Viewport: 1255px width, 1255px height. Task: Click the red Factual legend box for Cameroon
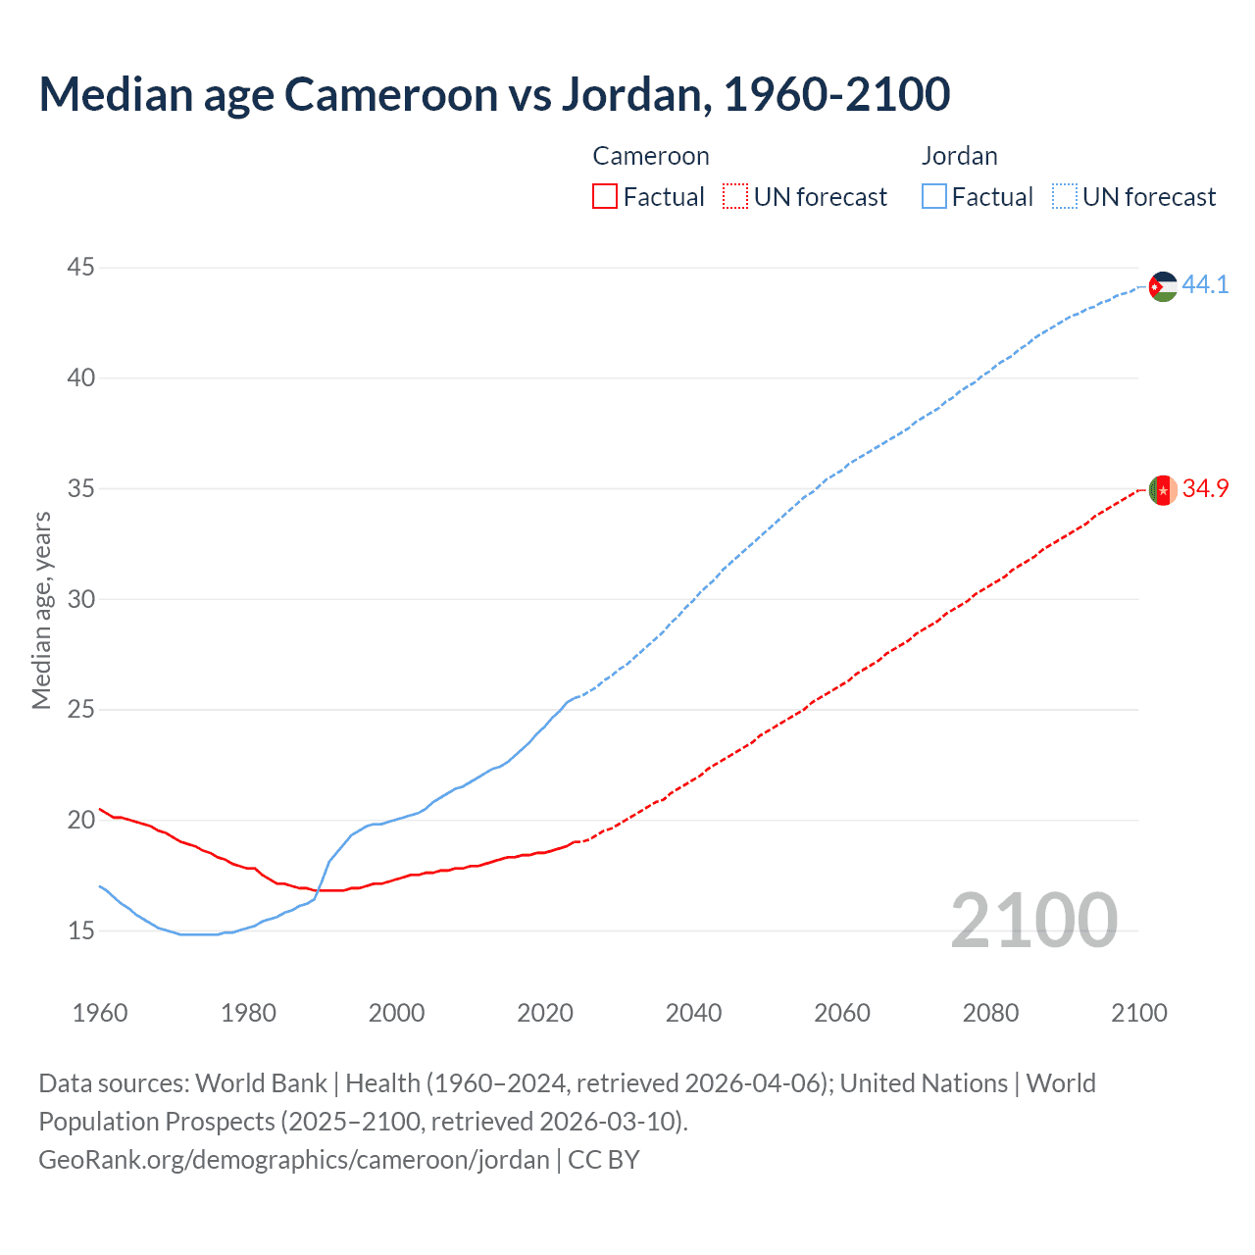(605, 196)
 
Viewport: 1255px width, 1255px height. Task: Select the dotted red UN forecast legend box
(734, 196)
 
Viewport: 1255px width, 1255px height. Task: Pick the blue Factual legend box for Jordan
(934, 196)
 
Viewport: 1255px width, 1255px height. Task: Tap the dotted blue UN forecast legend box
(1064, 196)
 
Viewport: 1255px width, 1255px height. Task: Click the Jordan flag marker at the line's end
(1163, 286)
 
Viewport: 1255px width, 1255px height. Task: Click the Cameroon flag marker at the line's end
(1163, 490)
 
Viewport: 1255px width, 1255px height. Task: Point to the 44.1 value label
(1205, 284)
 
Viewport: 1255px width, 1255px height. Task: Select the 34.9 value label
(1205, 488)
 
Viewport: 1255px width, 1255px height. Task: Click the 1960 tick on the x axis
(100, 1013)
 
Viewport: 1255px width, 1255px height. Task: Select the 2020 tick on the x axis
(545, 1013)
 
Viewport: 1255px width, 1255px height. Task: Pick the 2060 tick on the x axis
(842, 1013)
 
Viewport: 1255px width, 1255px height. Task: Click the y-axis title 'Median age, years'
(41, 610)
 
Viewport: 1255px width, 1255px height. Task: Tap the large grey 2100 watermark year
(1033, 920)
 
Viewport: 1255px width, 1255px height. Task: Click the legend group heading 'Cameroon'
(650, 156)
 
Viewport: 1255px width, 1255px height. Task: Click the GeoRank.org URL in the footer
(293, 1159)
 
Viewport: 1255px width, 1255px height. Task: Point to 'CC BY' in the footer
(604, 1159)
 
